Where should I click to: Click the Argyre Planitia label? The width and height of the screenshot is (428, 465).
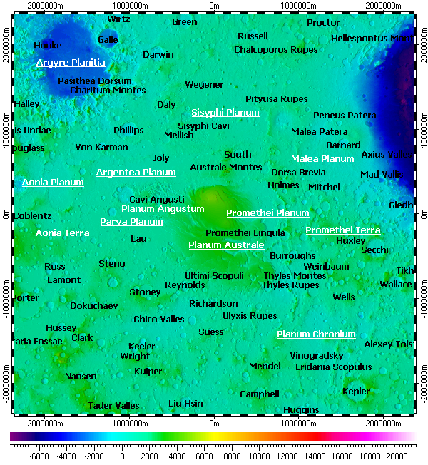click(x=71, y=63)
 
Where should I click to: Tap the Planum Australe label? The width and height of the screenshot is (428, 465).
click(x=226, y=245)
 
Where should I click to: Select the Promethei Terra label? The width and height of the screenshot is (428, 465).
click(x=342, y=230)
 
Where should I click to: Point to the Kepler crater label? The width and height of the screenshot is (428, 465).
click(x=356, y=392)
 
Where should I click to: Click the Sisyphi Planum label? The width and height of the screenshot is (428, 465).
click(x=225, y=113)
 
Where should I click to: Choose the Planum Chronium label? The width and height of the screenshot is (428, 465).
click(x=316, y=334)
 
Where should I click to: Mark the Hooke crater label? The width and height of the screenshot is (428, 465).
click(x=48, y=46)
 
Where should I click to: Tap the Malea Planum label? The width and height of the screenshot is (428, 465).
click(x=322, y=159)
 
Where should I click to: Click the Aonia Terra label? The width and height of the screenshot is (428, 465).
click(x=63, y=233)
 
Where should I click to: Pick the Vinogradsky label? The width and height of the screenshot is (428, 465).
click(x=317, y=356)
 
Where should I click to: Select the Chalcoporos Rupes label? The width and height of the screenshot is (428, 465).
click(x=276, y=50)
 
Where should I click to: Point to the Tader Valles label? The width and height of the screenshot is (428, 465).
click(x=113, y=406)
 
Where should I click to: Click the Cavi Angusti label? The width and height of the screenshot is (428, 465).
click(x=157, y=200)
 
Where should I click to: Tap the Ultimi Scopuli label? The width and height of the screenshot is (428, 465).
click(x=214, y=276)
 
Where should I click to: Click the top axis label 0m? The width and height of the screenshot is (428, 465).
click(x=214, y=5)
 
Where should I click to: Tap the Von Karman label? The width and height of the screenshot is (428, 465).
click(x=101, y=148)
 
